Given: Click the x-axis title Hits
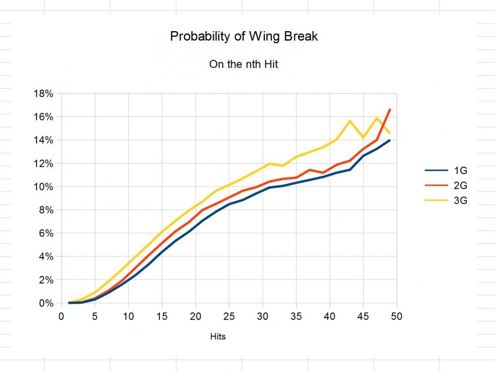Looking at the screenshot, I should click(x=218, y=337).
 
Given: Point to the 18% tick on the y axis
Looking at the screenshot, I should click(x=43, y=93).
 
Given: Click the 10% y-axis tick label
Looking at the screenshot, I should click(x=43, y=186).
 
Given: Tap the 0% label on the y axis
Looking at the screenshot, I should click(x=46, y=303).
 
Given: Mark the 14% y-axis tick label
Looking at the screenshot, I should click(x=43, y=140).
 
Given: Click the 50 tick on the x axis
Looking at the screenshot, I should click(x=396, y=316).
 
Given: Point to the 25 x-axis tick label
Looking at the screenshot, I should click(x=229, y=316).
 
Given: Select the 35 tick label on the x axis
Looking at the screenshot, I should click(x=296, y=316).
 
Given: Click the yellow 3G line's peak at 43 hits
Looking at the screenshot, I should click(x=350, y=121).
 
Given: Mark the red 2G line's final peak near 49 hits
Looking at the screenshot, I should click(x=390, y=109).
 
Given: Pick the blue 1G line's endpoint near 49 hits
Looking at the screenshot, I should click(x=390, y=140).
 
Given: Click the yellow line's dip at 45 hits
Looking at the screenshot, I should click(x=363, y=138).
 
